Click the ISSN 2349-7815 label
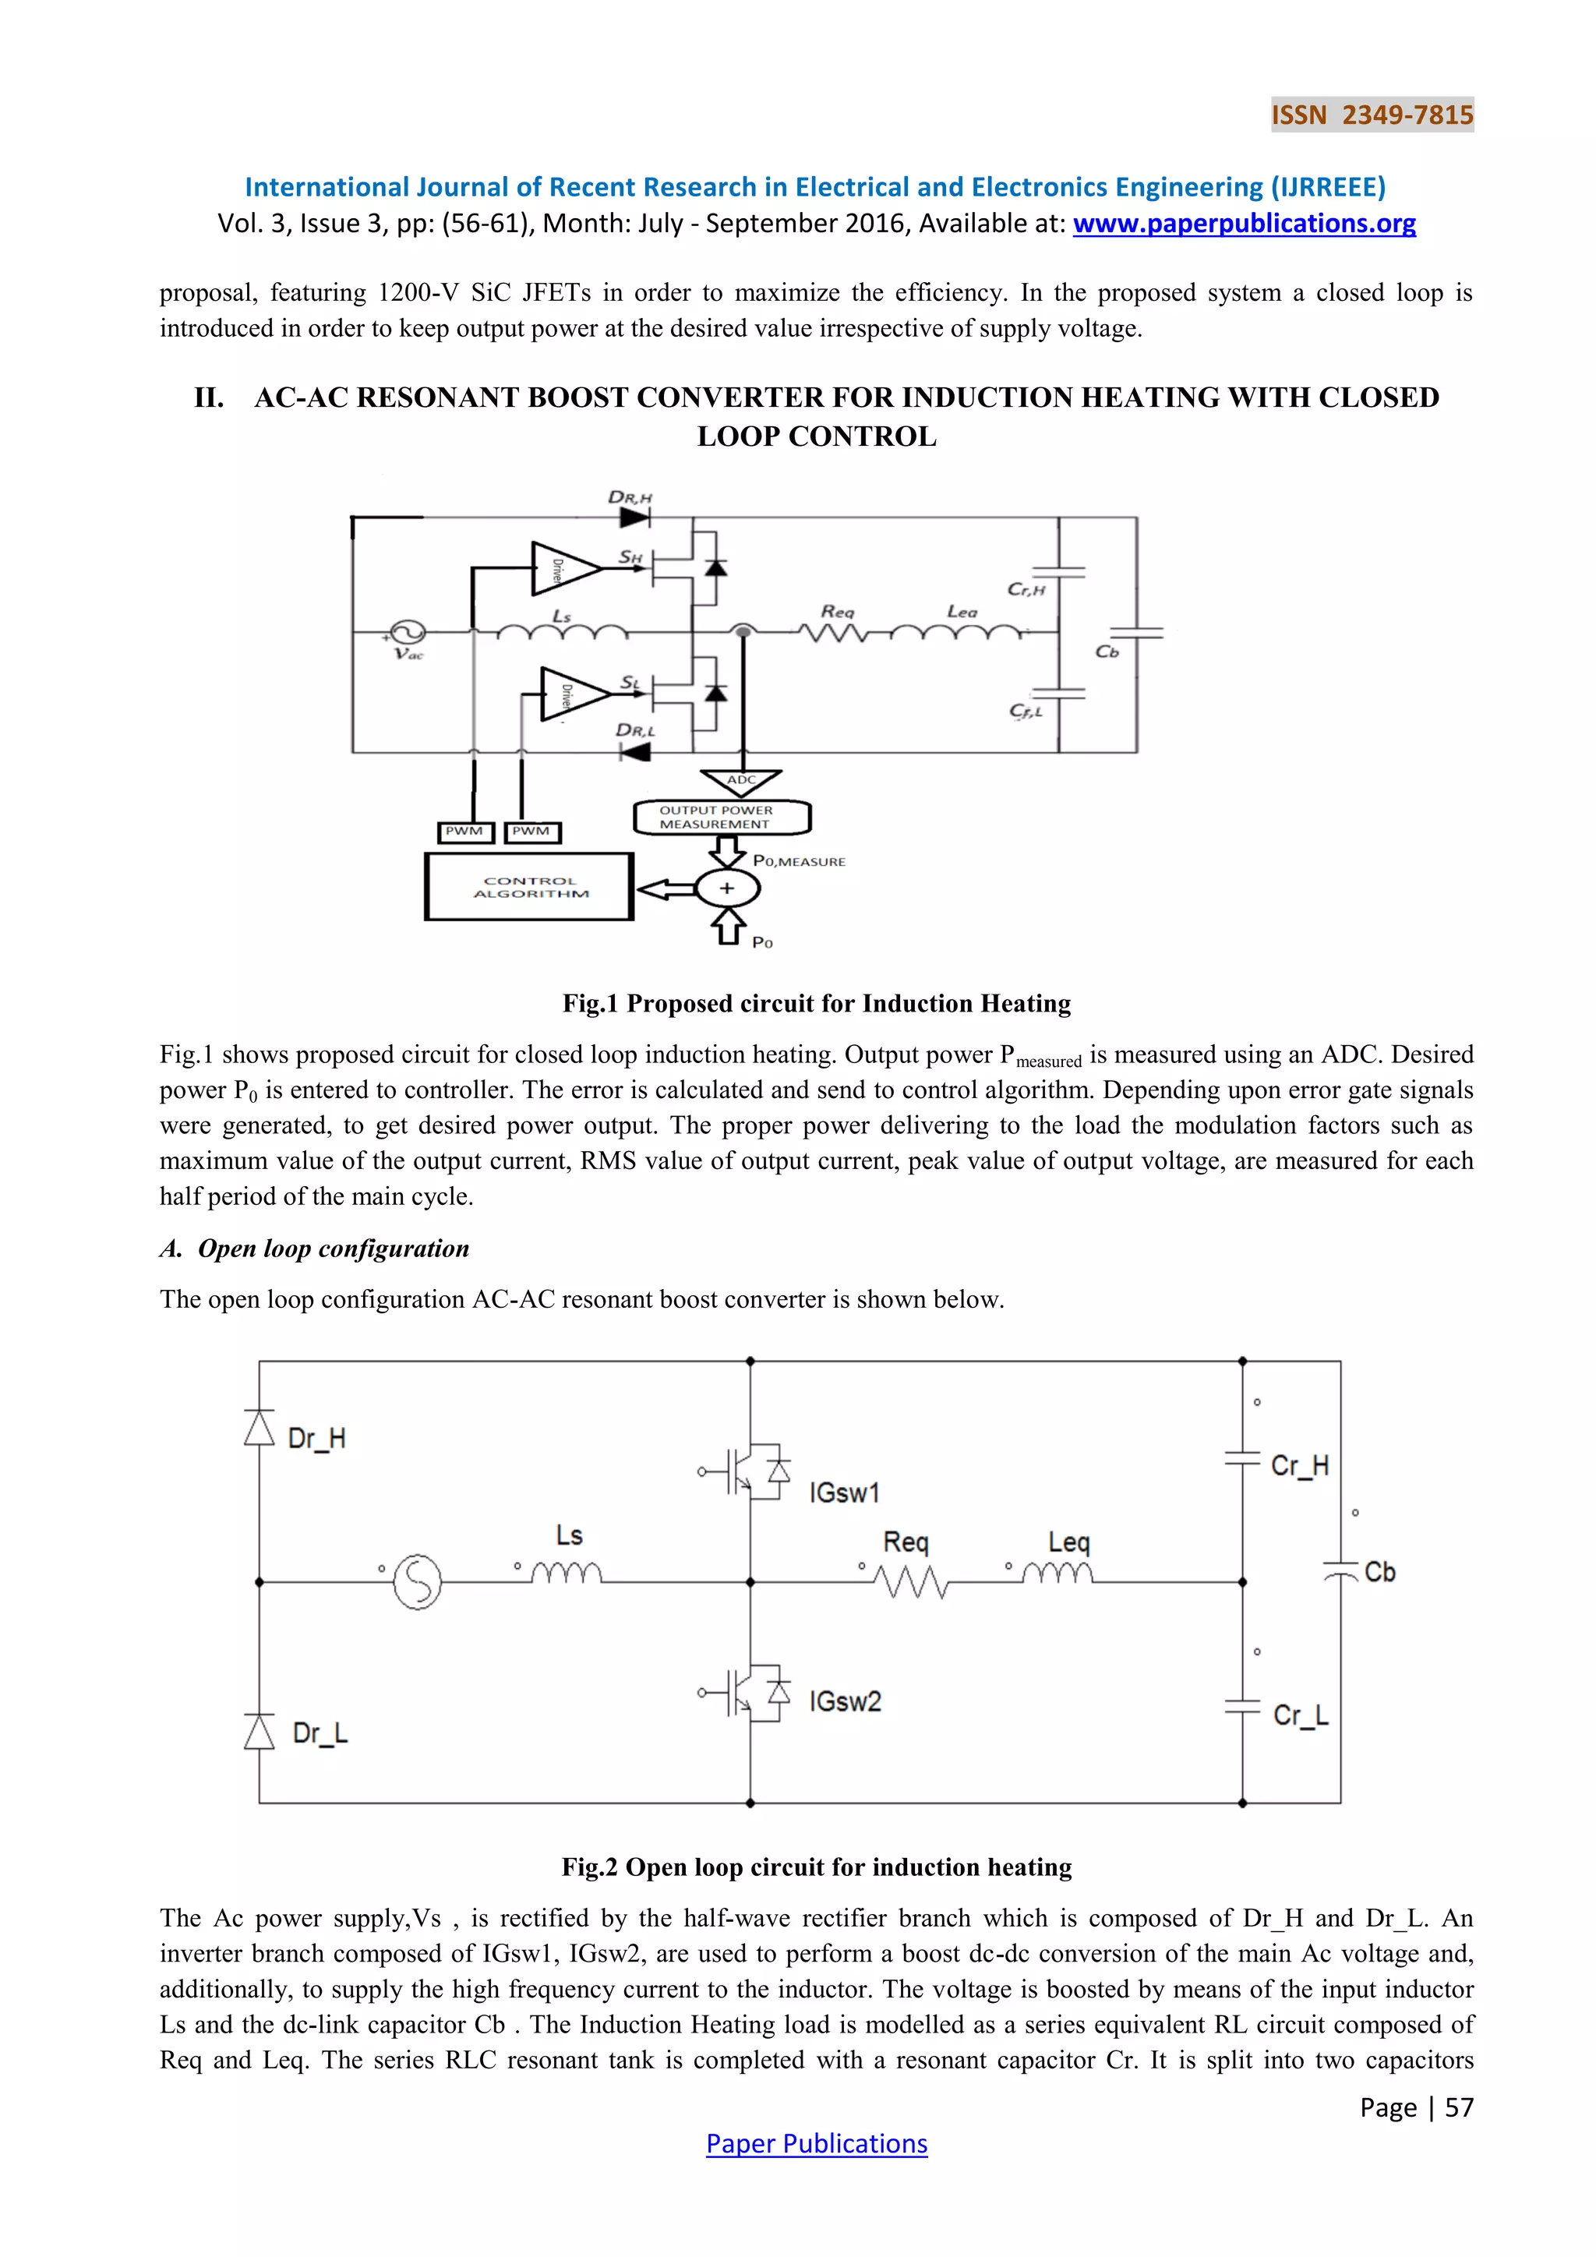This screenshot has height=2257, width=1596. [1372, 115]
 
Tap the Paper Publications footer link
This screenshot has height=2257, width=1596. [816, 2143]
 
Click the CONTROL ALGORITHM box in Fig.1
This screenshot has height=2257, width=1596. [530, 887]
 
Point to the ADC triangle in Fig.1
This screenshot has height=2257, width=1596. [741, 782]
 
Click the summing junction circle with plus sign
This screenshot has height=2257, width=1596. [727, 888]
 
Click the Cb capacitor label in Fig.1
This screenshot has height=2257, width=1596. [1107, 652]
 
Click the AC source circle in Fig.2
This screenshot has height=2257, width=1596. [418, 1581]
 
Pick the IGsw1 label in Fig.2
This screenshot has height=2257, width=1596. [844, 1493]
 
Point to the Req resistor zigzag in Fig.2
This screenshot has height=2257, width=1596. [911, 1581]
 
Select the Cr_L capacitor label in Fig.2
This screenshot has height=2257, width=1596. [1300, 1715]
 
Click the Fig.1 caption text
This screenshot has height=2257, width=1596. [816, 1004]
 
